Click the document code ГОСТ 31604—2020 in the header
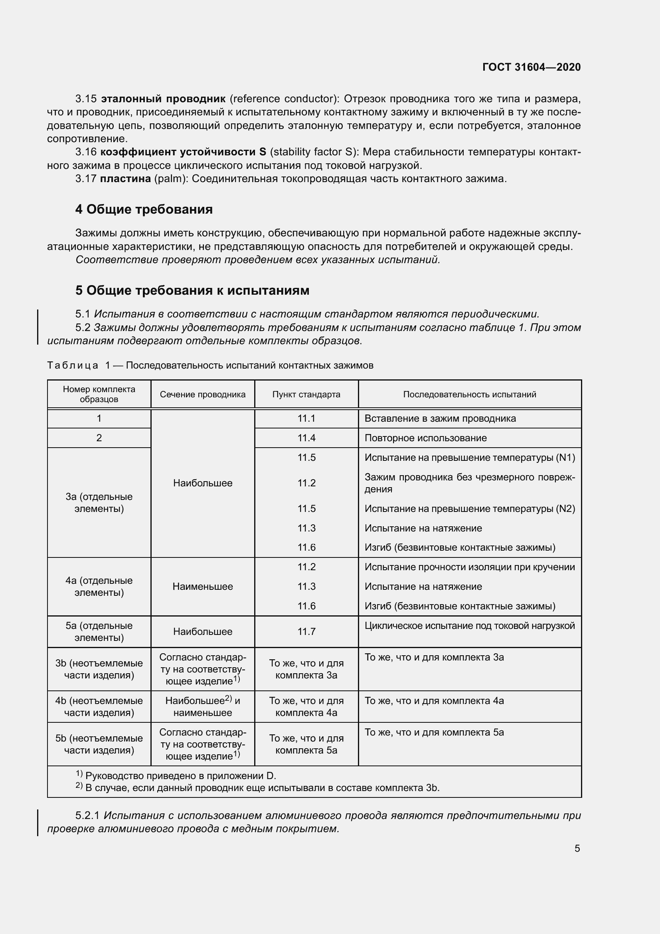tap(531, 67)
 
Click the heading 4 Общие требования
tap(144, 209)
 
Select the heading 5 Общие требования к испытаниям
tap(192, 290)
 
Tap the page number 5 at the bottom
tap(577, 848)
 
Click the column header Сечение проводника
tap(202, 394)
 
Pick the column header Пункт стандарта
tap(306, 394)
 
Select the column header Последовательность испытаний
tap(469, 394)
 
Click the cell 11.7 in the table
tap(306, 631)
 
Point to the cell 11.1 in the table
tap(306, 418)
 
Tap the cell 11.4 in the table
tap(306, 438)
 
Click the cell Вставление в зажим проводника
tap(440, 418)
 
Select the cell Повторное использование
tap(425, 438)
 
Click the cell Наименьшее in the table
tap(202, 586)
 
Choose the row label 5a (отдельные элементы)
tap(99, 631)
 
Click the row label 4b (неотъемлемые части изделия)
tap(99, 706)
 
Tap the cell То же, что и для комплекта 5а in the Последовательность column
tap(434, 732)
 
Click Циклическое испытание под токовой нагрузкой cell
tap(469, 625)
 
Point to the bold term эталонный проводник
tap(163, 99)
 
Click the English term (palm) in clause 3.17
tap(170, 178)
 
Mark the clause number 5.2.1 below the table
tap(87, 816)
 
